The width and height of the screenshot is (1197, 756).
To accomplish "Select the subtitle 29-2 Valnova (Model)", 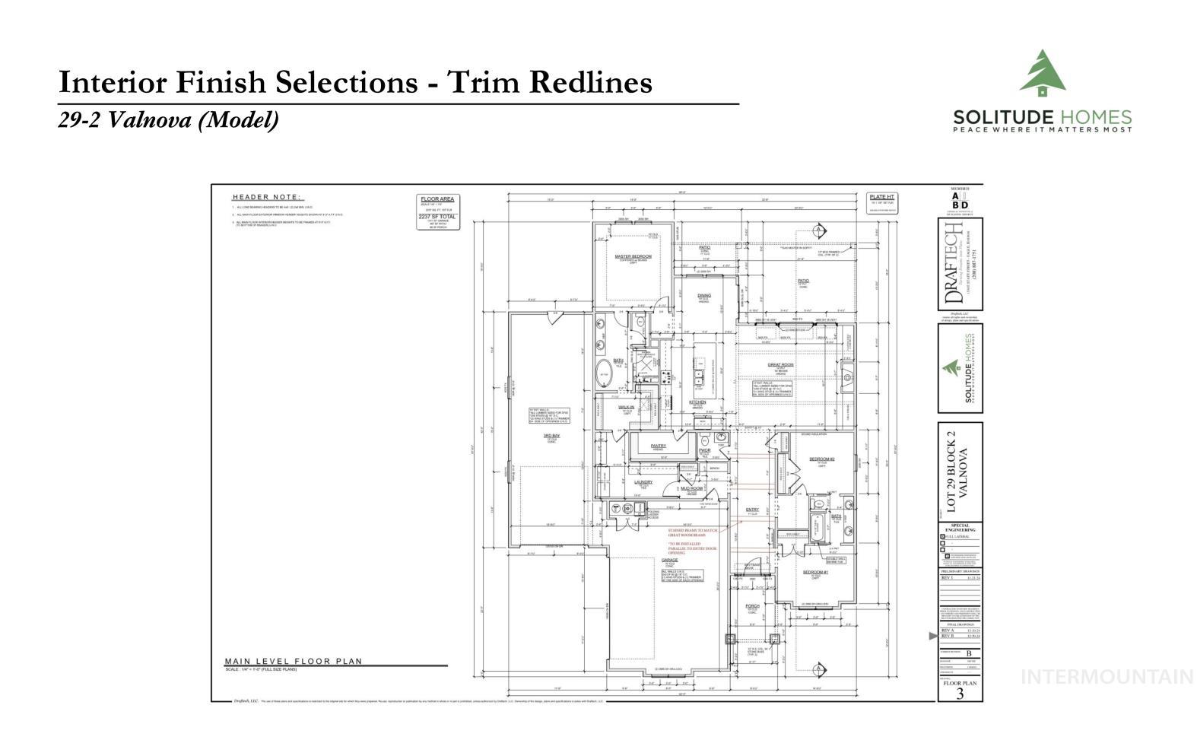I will (x=169, y=119).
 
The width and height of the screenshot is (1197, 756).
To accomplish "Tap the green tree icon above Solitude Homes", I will (x=1042, y=74).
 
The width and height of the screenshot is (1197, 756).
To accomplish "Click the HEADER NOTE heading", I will (x=266, y=197).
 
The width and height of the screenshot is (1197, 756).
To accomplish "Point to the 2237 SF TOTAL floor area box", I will (x=438, y=216).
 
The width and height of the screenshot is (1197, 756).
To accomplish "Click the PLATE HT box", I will (x=882, y=197).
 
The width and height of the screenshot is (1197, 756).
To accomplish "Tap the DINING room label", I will (x=703, y=295).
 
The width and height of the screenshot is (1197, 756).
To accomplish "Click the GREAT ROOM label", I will (x=780, y=364).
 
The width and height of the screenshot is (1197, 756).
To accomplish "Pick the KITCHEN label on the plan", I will (x=697, y=402).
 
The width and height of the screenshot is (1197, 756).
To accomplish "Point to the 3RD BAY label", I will (x=551, y=436).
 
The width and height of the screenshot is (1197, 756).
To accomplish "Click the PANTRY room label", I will (x=658, y=446).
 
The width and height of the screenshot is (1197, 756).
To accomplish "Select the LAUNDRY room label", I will (x=643, y=481).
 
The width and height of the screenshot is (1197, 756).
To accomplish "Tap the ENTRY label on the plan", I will (x=752, y=510).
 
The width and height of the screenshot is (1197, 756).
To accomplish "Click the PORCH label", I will (x=752, y=606).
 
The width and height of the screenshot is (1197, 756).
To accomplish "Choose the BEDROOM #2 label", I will (x=822, y=459).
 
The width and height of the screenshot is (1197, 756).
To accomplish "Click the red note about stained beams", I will (x=692, y=533).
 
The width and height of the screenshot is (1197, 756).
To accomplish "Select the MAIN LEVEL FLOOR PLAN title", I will (x=294, y=661).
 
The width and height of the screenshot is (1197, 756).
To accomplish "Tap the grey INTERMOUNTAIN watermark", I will (x=1107, y=676).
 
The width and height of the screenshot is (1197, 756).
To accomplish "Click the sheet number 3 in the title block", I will (x=960, y=693).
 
